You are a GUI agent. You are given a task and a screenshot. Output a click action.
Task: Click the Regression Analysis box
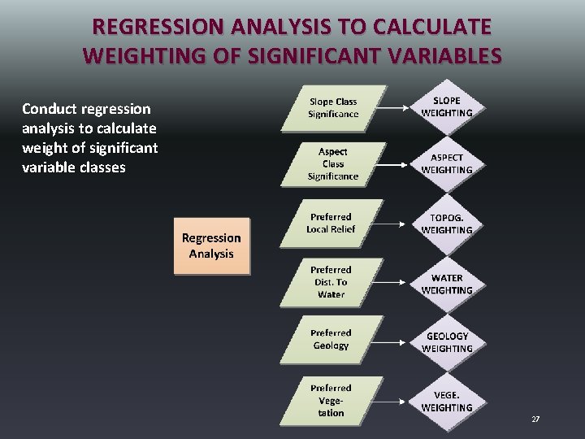[211, 246]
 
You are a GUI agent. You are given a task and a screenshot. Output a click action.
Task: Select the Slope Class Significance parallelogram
[332, 108]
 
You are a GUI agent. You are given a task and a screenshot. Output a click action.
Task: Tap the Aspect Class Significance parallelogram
[332, 164]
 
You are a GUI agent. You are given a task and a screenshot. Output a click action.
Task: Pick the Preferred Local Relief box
[331, 223]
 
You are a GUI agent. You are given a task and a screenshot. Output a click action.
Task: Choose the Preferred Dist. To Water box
[331, 282]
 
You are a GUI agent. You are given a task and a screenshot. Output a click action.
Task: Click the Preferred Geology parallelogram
[331, 339]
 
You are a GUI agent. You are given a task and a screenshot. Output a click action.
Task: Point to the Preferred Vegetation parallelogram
[331, 400]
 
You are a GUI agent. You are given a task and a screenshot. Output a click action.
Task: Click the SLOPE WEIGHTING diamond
[447, 107]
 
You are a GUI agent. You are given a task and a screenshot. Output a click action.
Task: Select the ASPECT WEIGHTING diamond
[447, 163]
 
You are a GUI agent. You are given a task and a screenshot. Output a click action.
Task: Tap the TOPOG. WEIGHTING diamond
[447, 224]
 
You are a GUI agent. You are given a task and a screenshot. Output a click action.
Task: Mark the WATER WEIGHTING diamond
[447, 284]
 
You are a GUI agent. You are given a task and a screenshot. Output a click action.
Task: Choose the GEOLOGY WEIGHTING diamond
[447, 341]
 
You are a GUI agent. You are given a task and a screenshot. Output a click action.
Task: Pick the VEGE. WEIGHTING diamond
[447, 401]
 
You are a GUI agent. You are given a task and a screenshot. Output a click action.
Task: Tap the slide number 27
[535, 419]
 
